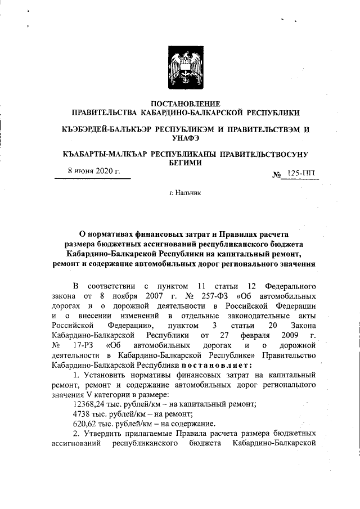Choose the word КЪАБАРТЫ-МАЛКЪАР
pos(102,154)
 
